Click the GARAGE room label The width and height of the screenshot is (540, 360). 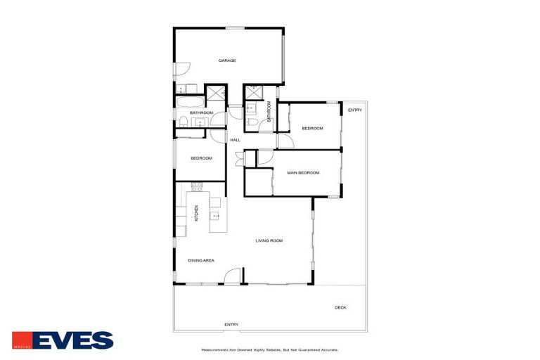[226, 60]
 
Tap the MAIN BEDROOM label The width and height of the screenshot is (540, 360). [303, 172]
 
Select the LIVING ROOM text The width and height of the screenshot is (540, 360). [269, 241]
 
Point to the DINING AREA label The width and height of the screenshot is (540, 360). [200, 260]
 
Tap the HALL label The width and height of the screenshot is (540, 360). [235, 140]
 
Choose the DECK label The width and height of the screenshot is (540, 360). [340, 307]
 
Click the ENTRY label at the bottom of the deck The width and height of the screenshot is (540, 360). [231, 324]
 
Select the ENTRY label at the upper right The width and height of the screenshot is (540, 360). [355, 110]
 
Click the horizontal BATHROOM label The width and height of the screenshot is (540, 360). [201, 112]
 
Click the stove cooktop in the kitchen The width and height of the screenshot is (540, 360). [196, 187]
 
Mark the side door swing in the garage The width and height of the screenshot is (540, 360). [181, 70]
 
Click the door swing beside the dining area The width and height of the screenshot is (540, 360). [236, 276]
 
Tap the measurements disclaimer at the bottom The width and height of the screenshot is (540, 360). [270, 349]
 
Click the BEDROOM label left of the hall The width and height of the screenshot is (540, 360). [201, 158]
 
